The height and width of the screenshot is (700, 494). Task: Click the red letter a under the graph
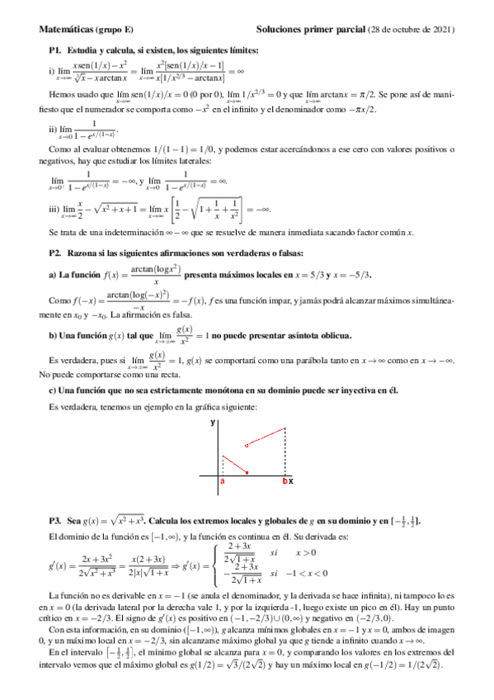pyautogui.click(x=223, y=480)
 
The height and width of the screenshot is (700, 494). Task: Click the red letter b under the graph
pyautogui.click(x=285, y=480)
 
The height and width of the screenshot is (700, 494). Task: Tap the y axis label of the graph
pyautogui.click(x=212, y=423)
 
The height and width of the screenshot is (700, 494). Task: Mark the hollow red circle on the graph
pyautogui.click(x=247, y=446)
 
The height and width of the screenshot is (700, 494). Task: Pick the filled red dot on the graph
pyautogui.click(x=247, y=472)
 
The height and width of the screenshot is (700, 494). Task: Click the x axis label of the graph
pyautogui.click(x=290, y=480)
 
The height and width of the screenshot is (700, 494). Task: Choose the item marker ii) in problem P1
pyautogui.click(x=54, y=129)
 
